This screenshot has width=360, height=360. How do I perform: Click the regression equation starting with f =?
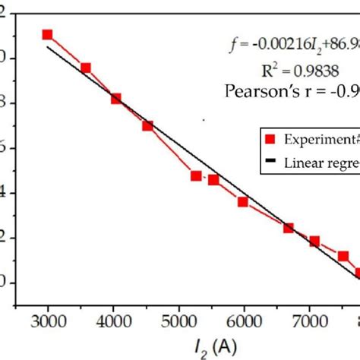[293, 46]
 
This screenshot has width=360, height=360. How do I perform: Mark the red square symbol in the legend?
[269, 140]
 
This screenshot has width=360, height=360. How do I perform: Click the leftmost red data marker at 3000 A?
[47, 34]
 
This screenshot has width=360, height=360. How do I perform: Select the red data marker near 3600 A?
[86, 68]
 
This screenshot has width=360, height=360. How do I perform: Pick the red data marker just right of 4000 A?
[116, 98]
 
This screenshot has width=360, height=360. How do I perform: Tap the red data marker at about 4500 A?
[147, 125]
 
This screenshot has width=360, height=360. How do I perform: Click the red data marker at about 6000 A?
[243, 202]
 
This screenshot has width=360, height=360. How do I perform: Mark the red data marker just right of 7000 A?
[314, 242]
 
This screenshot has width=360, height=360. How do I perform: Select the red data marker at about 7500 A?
[343, 257]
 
